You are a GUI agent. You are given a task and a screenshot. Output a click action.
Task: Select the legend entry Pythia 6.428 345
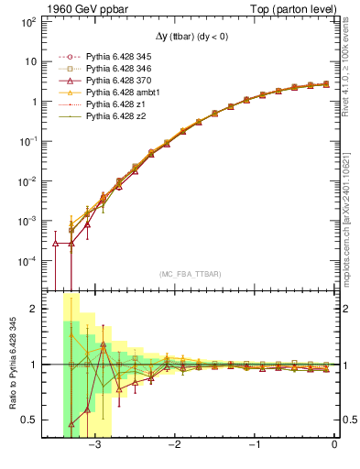tap(117, 57)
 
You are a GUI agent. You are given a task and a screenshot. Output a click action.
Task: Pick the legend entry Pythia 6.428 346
tap(117, 69)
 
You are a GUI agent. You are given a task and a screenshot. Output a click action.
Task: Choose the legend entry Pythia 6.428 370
tap(117, 81)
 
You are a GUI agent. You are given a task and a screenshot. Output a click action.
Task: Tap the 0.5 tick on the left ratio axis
tap(27, 420)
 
